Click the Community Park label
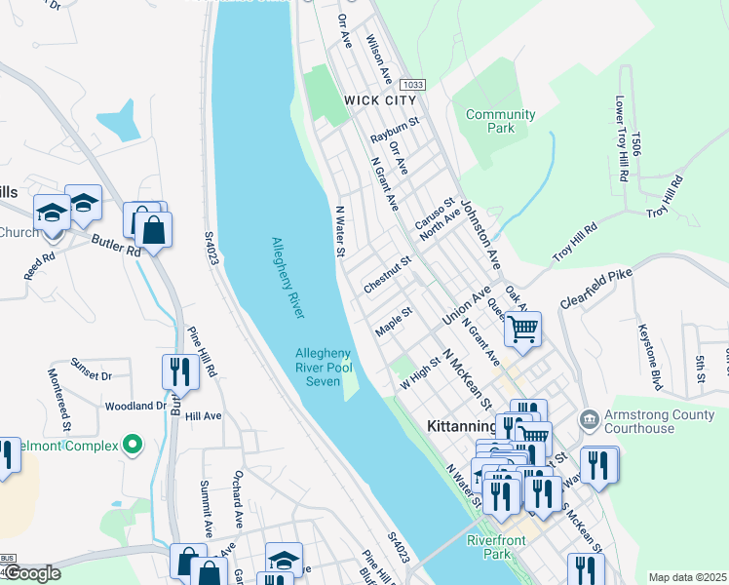point(500,121)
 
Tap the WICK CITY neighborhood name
point(379,99)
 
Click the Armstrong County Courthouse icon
point(590,419)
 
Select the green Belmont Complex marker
point(134,446)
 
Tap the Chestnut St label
point(388,274)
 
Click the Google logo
point(32,574)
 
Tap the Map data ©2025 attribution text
point(687,577)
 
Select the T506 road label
point(635,143)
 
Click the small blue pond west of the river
point(118,120)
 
